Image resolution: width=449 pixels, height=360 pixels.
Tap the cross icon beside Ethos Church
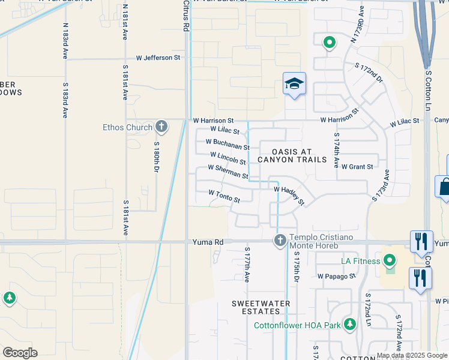tap(161, 127)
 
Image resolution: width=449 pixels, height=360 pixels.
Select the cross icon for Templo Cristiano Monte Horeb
tap(280, 241)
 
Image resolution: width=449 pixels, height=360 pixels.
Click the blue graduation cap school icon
tap(294, 85)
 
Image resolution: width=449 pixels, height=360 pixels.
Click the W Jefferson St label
tap(158, 58)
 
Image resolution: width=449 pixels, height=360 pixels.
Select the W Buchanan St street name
tap(228, 145)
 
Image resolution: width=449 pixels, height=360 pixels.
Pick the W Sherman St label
tap(228, 172)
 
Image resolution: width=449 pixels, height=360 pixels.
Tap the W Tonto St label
tap(224, 196)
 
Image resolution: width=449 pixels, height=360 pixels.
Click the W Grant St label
tap(357, 166)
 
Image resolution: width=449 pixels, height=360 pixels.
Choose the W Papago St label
tap(337, 277)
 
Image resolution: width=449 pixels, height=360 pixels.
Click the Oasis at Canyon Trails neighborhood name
tap(292, 155)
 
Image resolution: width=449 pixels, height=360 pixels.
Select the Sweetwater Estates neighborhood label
tap(261, 308)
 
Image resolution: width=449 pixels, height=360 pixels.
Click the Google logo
tap(20, 353)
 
